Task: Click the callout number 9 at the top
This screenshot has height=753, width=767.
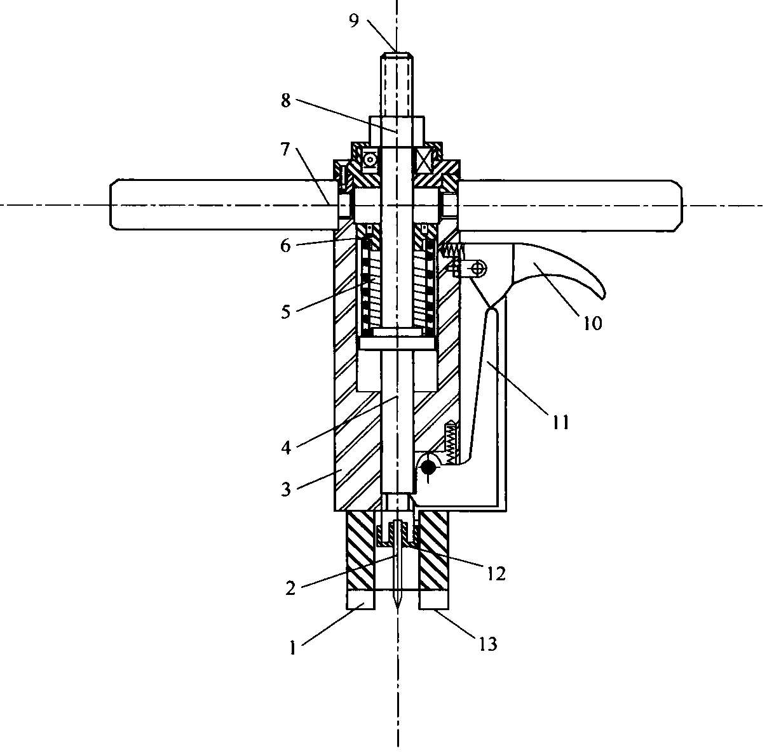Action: [354, 21]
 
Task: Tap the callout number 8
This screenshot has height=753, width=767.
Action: [286, 101]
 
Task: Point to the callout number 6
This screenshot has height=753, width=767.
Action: [285, 246]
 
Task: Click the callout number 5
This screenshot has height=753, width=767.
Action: [286, 312]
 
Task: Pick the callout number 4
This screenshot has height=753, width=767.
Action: [286, 448]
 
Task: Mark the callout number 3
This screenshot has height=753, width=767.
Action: [286, 489]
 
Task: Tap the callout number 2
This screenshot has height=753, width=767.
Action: [290, 588]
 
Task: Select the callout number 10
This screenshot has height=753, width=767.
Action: [593, 323]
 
